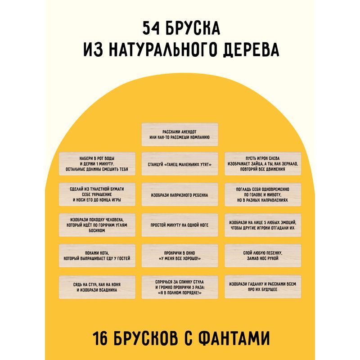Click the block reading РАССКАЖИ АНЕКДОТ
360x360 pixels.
[x=180, y=134]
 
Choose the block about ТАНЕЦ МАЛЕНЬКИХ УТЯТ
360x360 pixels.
[x=180, y=164]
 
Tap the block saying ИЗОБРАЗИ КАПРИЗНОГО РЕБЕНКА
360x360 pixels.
[x=180, y=195]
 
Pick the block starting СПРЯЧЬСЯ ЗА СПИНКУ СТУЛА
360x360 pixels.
[x=180, y=287]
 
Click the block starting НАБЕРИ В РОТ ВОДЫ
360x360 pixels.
[x=97, y=164]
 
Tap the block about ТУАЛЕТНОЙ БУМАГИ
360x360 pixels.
[x=97, y=195]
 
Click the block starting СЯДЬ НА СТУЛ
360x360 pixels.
[x=97, y=287]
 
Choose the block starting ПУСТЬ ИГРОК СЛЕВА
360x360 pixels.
[x=262, y=164]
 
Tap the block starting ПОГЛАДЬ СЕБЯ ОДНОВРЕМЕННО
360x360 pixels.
[x=262, y=195]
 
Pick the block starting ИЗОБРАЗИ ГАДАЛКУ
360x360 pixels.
[x=262, y=287]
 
